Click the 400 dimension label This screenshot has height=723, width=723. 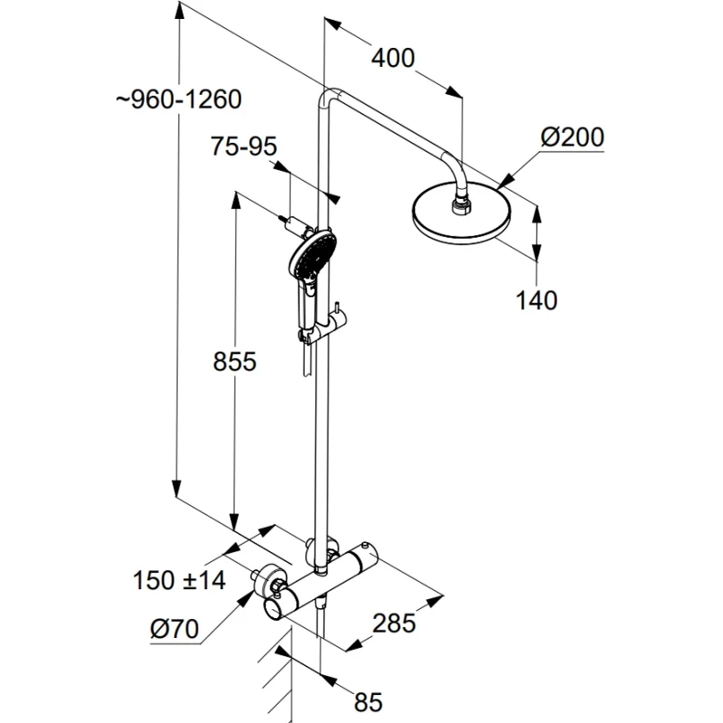pyautogui.click(x=393, y=60)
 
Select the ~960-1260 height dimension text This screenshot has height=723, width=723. pyautogui.click(x=179, y=100)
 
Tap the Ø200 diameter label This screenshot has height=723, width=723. pyautogui.click(x=572, y=138)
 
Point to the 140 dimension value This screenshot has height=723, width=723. pyautogui.click(x=537, y=299)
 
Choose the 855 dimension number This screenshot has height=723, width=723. pyautogui.click(x=235, y=362)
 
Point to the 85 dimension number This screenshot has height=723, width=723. pyautogui.click(x=369, y=700)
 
